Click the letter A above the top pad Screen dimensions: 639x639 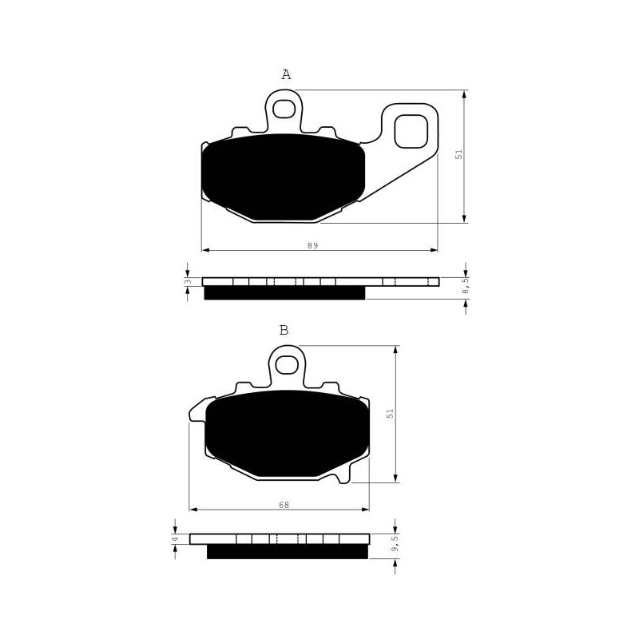286,74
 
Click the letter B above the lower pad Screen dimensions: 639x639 284,330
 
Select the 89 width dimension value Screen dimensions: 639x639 313,245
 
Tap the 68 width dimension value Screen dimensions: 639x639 284,505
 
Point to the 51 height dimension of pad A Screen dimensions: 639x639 459,154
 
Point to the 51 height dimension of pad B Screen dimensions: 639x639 391,413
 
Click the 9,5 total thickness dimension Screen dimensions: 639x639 394,544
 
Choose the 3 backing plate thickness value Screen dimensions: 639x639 188,282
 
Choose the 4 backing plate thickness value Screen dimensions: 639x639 175,539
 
